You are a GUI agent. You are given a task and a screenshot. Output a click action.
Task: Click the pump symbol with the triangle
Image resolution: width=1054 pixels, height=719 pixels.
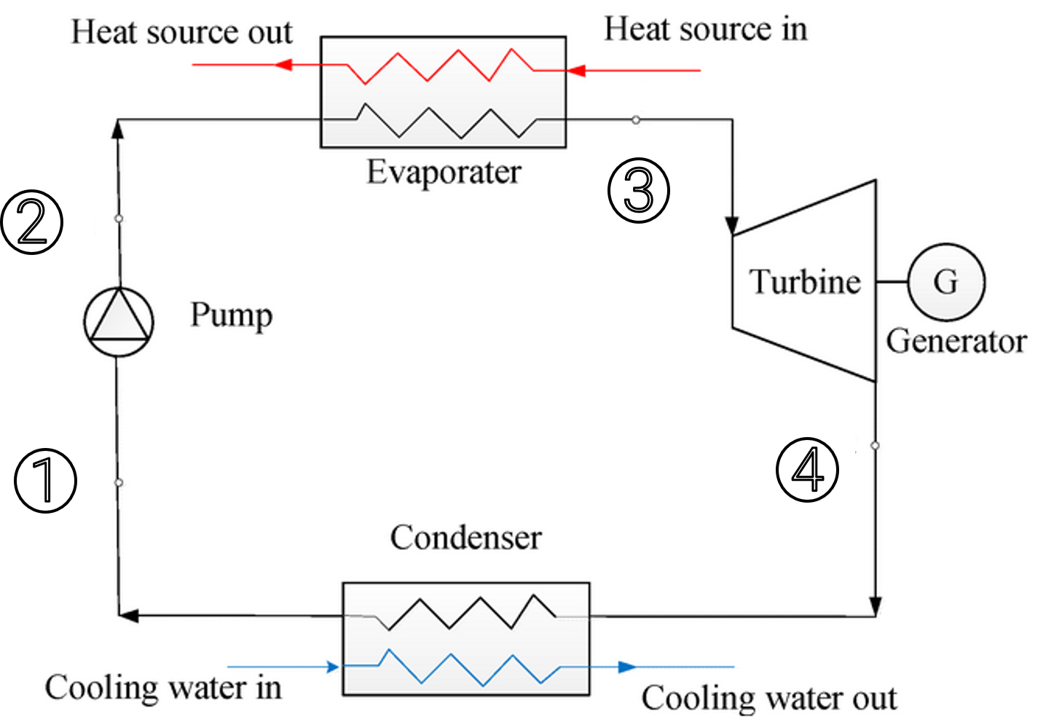(x=119, y=321)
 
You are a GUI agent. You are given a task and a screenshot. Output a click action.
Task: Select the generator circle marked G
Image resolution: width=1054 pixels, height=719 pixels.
(x=946, y=282)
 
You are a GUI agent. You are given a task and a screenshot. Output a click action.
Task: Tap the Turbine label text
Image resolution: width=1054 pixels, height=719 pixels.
(x=805, y=282)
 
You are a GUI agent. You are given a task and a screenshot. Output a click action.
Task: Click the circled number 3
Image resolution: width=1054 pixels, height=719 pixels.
(x=639, y=192)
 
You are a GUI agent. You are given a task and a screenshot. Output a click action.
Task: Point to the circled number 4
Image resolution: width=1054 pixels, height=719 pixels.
(x=807, y=470)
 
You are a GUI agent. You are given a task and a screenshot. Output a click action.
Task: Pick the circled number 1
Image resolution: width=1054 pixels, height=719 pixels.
(x=50, y=481)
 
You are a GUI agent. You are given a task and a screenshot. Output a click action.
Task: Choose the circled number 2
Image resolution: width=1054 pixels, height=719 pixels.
(x=38, y=222)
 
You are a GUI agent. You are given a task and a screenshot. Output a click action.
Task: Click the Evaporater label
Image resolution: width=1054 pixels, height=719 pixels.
(x=444, y=173)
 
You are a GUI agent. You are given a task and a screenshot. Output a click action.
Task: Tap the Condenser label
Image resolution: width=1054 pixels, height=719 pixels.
(x=465, y=538)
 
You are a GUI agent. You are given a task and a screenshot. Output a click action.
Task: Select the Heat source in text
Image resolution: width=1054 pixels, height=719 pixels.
(x=705, y=30)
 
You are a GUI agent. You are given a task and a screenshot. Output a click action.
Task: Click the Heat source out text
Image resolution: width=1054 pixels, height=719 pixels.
(x=181, y=32)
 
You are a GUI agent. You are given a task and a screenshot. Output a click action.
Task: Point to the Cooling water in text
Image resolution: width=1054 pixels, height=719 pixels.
(x=163, y=688)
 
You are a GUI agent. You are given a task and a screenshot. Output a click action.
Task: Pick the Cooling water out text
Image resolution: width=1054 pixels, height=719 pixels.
(x=768, y=698)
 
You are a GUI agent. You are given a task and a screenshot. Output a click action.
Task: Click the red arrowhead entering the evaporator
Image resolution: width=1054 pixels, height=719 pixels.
(x=575, y=71)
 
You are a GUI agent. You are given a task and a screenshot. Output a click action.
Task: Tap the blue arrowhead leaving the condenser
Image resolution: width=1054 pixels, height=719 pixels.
(x=626, y=667)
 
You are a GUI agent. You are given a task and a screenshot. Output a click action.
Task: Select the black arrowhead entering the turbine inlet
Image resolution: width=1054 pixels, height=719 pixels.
(x=732, y=226)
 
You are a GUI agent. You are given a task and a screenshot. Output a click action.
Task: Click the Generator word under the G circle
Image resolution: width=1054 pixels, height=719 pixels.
(x=956, y=341)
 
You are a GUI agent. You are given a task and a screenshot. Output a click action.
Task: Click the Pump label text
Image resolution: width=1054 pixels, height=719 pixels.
(x=231, y=315)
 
